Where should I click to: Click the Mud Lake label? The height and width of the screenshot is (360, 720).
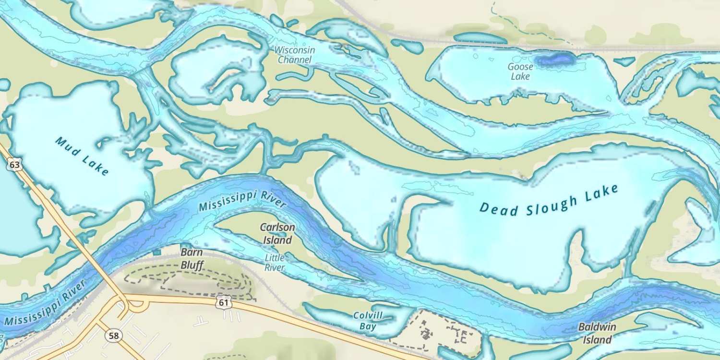click(x=82, y=156)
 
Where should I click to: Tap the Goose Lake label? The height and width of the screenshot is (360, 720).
click(x=520, y=72)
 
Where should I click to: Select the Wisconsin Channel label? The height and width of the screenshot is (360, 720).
click(x=295, y=55)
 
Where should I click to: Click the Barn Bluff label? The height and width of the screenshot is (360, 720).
click(x=192, y=259)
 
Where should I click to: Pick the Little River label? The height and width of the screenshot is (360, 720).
click(x=275, y=263)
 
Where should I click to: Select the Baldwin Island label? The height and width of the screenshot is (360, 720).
click(x=597, y=333)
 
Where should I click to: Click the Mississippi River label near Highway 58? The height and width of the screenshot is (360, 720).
click(x=46, y=302)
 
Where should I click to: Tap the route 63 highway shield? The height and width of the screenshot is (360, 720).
click(x=15, y=165)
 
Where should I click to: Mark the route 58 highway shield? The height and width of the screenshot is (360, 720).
click(x=114, y=336)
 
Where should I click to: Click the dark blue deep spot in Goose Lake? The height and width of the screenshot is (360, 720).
click(x=555, y=60)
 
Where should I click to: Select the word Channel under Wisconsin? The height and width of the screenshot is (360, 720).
click(x=295, y=60)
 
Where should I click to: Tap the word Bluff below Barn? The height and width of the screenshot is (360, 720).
click(x=192, y=265)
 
